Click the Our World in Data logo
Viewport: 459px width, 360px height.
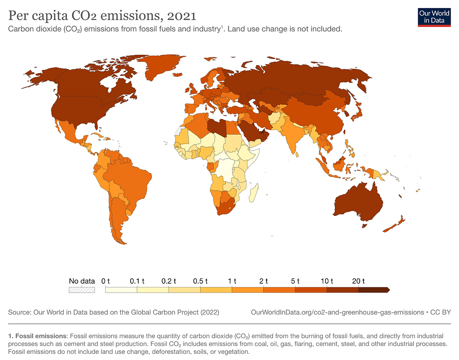[430, 17]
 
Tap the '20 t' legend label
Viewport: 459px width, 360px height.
[359, 281]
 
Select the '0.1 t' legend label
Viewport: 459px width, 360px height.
[137, 281]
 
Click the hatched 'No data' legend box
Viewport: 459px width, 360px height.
[82, 290]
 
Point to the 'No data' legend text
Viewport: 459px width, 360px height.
[82, 281]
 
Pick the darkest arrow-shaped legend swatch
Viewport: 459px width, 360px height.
[374, 290]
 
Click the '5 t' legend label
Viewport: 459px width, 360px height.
[295, 281]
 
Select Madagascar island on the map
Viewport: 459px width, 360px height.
[253, 192]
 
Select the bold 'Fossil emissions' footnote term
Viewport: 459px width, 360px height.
[40, 336]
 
